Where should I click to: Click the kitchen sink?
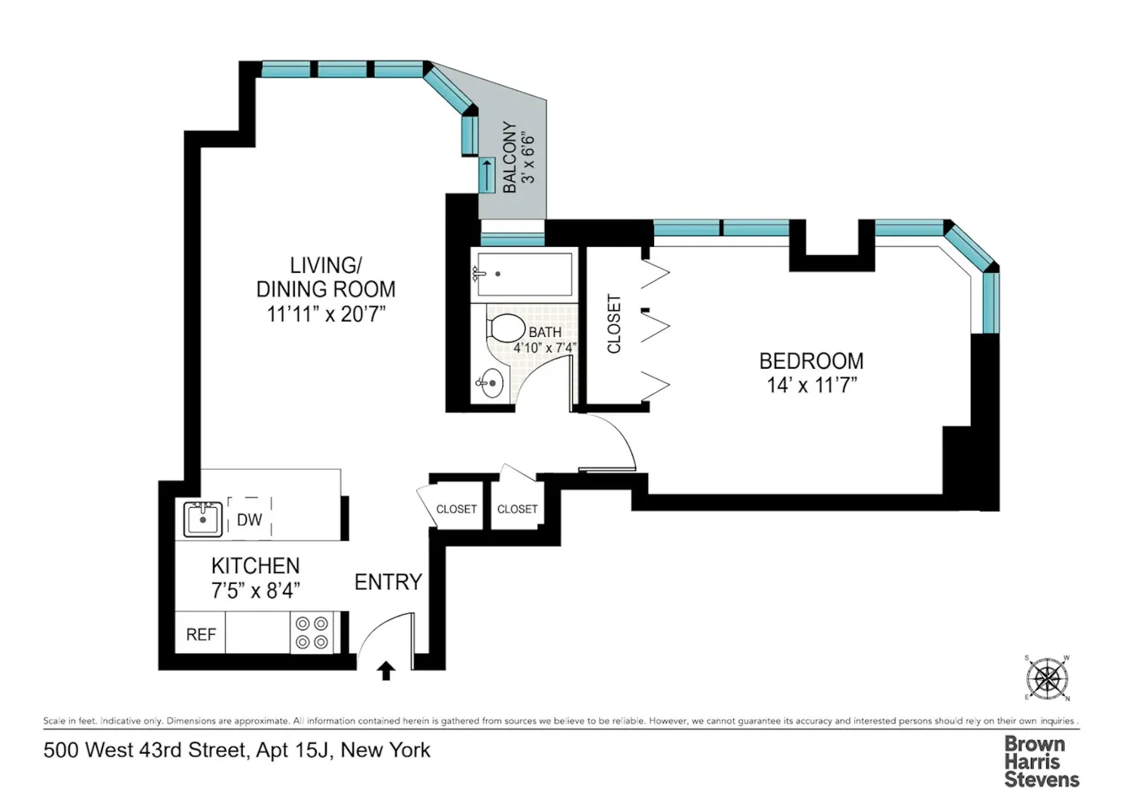tap(202, 519)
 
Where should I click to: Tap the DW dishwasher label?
tap(249, 519)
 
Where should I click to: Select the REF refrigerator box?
tap(200, 633)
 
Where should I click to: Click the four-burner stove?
tap(312, 633)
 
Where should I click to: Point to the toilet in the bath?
tap(505, 328)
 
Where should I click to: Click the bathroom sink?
tap(489, 384)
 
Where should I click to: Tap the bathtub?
tap(524, 274)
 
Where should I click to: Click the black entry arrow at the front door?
tap(386, 670)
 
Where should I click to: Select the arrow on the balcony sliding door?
tap(487, 175)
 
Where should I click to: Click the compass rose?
tap(1048, 678)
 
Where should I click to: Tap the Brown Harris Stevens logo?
tap(1041, 761)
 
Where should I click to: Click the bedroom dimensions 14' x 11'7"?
tap(811, 385)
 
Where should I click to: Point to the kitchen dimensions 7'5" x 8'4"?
tap(256, 590)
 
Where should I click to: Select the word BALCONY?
tap(510, 157)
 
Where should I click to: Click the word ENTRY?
tap(388, 582)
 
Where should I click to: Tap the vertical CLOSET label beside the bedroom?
tap(614, 324)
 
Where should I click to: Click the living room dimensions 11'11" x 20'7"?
tap(326, 314)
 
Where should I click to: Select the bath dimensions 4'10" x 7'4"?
tap(545, 348)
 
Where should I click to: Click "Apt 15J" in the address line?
tap(292, 750)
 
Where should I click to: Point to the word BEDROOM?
tap(811, 360)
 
